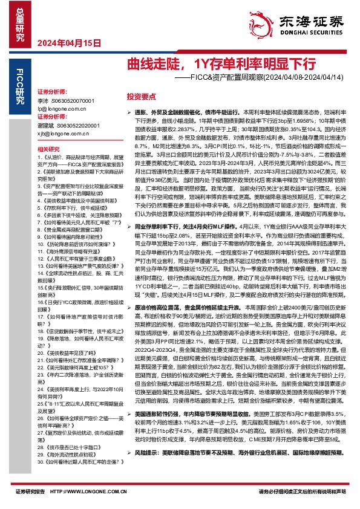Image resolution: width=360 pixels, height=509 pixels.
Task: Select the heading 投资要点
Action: pos(140,96)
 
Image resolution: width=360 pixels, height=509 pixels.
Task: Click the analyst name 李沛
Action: pos(42,99)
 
